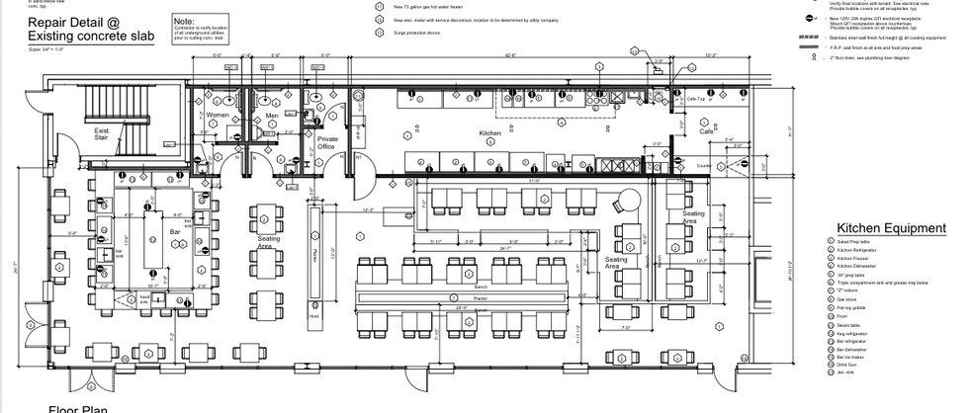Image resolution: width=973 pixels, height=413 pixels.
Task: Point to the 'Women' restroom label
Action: (218, 115)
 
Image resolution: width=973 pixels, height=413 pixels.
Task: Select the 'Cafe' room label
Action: (707, 130)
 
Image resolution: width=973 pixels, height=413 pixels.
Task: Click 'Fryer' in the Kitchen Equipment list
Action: (843, 316)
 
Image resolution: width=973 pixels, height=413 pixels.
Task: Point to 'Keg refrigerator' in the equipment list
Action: (853, 335)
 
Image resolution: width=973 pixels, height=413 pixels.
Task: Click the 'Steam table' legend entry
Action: (848, 325)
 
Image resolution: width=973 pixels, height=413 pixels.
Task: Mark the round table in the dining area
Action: (624, 201)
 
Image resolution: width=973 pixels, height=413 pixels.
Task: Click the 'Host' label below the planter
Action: (314, 316)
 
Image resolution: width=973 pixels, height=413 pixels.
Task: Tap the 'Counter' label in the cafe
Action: (704, 165)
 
